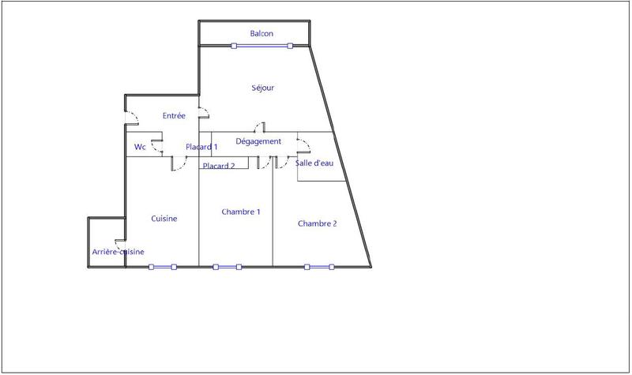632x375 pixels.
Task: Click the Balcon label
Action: [261, 33]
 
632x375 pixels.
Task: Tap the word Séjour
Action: [262, 88]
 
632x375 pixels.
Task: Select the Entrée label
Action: [174, 116]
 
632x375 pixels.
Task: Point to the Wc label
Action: [139, 147]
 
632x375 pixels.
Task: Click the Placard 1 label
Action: [201, 147]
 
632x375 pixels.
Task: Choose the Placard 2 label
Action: [219, 166]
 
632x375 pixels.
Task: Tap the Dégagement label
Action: [258, 141]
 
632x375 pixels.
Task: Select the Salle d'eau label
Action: [314, 163]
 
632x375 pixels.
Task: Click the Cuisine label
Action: [164, 219]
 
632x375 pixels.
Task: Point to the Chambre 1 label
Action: [241, 212]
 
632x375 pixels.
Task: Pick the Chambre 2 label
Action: [317, 223]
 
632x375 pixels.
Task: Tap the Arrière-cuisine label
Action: [118, 252]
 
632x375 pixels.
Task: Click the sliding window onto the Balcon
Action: [261, 46]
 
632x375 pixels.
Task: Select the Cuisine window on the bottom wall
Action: [161, 267]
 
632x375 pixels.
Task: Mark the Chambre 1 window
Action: [228, 267]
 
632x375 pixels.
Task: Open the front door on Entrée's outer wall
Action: [131, 118]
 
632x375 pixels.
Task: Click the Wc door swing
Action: [157, 145]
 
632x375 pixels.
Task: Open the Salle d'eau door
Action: [303, 144]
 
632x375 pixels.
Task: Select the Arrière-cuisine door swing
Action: [121, 245]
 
